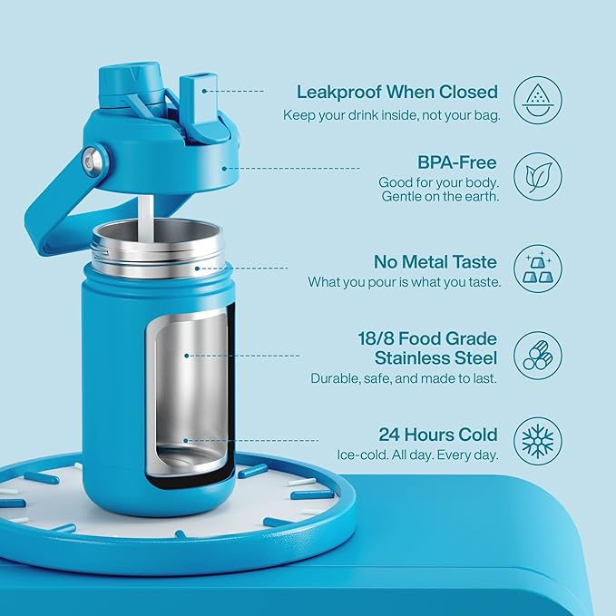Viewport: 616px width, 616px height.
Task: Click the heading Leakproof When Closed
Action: coord(397,92)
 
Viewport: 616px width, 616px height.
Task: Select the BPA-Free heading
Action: coord(456,162)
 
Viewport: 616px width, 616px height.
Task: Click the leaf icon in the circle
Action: coord(538,176)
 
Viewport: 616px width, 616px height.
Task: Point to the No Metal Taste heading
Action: coord(435,261)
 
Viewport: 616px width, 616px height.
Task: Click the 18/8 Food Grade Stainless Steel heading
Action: coord(427,348)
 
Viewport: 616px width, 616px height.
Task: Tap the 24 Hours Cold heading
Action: coord(437,434)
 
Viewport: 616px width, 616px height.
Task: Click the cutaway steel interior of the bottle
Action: coord(189,390)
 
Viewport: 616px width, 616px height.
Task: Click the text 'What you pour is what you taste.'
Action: coord(404,282)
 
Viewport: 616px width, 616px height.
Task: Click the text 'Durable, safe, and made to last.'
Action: coord(403,377)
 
